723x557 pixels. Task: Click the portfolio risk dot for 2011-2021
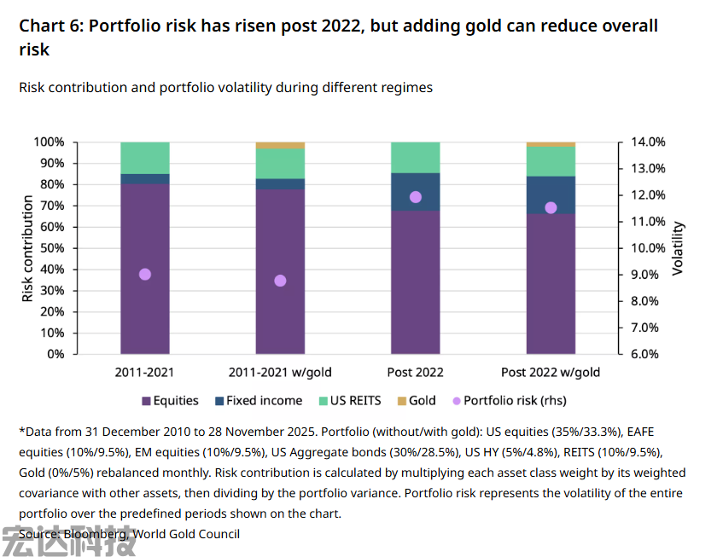pyautogui.click(x=145, y=275)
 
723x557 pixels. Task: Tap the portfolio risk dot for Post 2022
pyautogui.click(x=416, y=197)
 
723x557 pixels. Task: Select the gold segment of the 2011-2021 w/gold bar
pyautogui.click(x=280, y=145)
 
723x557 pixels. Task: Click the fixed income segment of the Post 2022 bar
pyautogui.click(x=416, y=192)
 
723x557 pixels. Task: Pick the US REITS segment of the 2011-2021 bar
pyautogui.click(x=145, y=158)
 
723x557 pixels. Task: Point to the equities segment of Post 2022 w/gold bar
pyautogui.click(x=551, y=284)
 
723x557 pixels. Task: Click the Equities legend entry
pyautogui.click(x=170, y=401)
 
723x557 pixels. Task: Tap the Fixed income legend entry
pyautogui.click(x=262, y=401)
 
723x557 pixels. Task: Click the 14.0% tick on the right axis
pyautogui.click(x=648, y=142)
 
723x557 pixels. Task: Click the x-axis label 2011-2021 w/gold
pyautogui.click(x=280, y=373)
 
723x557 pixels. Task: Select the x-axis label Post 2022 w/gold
pyautogui.click(x=551, y=373)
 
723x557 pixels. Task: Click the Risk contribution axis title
pyautogui.click(x=28, y=248)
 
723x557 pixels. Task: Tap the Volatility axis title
pyautogui.click(x=679, y=248)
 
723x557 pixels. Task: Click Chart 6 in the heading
pyautogui.click(x=50, y=26)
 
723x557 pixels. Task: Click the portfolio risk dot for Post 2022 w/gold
pyautogui.click(x=551, y=208)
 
